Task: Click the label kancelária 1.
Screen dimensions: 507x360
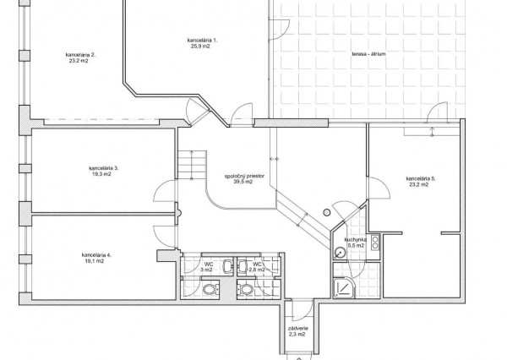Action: (x=202, y=40)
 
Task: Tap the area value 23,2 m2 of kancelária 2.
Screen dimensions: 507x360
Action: (x=79, y=61)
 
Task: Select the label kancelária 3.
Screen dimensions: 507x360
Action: (x=103, y=168)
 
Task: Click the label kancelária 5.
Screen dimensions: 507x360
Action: (x=421, y=178)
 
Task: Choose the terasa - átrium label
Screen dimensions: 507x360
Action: (x=369, y=54)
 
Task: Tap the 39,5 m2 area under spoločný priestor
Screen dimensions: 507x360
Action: (x=243, y=182)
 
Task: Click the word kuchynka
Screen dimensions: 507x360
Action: (x=356, y=240)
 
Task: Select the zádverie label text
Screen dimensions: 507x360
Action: (x=297, y=329)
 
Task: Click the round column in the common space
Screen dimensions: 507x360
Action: (x=326, y=212)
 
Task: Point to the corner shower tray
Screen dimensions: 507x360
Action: (x=344, y=288)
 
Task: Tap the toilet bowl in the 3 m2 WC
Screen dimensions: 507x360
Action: (x=210, y=289)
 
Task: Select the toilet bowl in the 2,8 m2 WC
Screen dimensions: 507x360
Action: (x=247, y=289)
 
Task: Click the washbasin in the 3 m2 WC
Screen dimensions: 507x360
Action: (x=228, y=266)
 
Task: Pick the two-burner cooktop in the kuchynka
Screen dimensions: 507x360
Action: (x=375, y=243)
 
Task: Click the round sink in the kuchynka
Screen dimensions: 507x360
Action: (x=340, y=253)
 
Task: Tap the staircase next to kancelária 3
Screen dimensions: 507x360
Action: (x=192, y=164)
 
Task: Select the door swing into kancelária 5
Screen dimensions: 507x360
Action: (x=379, y=188)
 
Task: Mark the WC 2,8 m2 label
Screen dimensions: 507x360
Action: (x=257, y=267)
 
